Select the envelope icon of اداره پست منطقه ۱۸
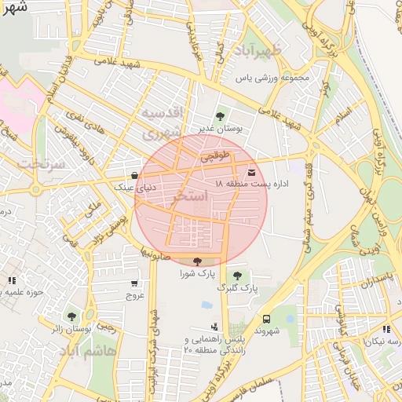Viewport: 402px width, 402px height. (x=251, y=171)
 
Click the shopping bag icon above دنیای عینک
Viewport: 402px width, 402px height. (x=135, y=175)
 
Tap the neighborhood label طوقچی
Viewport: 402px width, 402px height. (x=216, y=157)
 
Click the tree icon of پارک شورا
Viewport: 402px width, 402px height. (x=196, y=261)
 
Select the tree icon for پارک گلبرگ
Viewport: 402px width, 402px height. (x=237, y=275)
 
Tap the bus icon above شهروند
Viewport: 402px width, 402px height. (x=267, y=319)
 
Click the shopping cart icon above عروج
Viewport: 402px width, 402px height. (x=135, y=283)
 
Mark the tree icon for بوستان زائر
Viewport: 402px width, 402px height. (x=72, y=316)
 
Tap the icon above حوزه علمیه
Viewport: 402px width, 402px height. (x=11, y=280)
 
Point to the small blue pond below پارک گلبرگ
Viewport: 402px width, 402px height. (x=206, y=305)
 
